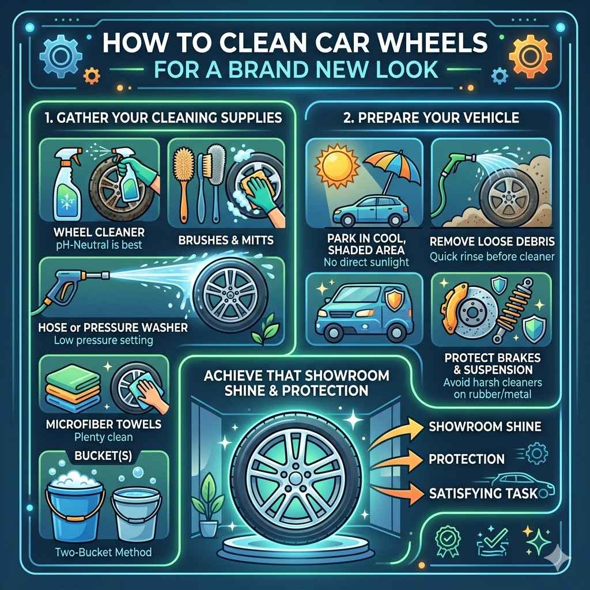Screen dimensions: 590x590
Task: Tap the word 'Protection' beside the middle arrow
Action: (467, 459)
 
